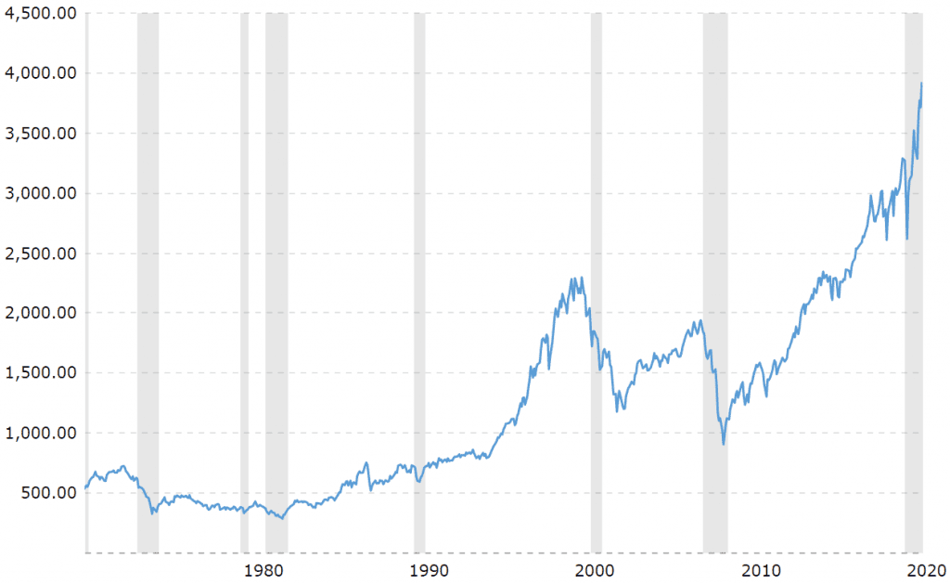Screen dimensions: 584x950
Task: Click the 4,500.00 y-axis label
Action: pyautogui.click(x=39, y=13)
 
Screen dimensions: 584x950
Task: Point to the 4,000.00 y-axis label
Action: pyautogui.click(x=39, y=73)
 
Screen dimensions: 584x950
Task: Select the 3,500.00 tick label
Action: pyautogui.click(x=39, y=133)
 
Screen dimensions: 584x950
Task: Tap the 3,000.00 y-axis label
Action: pyautogui.click(x=39, y=193)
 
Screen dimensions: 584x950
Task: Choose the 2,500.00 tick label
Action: pyautogui.click(x=39, y=253)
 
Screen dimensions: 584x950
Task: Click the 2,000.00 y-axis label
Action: pyautogui.click(x=39, y=313)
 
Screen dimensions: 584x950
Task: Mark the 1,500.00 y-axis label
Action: pyautogui.click(x=39, y=373)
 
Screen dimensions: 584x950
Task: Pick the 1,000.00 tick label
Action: pyautogui.click(x=39, y=433)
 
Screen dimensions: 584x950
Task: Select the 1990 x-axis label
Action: pyautogui.click(x=426, y=569)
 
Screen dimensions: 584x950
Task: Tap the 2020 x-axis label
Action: pyautogui.click(x=924, y=569)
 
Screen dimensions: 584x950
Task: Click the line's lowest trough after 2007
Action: pyautogui.click(x=724, y=445)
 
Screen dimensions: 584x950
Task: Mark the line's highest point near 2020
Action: pyautogui.click(x=920, y=84)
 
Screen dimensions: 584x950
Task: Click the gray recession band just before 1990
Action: pyautogui.click(x=419, y=279)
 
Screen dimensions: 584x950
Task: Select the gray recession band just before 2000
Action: pyautogui.click(x=596, y=279)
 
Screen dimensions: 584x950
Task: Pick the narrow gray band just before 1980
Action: pyautogui.click(x=244, y=279)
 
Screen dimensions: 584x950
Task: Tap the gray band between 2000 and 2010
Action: pyautogui.click(x=714, y=279)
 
